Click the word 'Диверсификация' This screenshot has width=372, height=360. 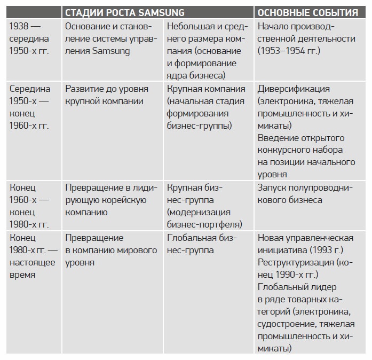(294, 89)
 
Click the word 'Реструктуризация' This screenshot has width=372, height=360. (296, 263)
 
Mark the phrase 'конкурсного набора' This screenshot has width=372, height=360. (300, 150)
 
